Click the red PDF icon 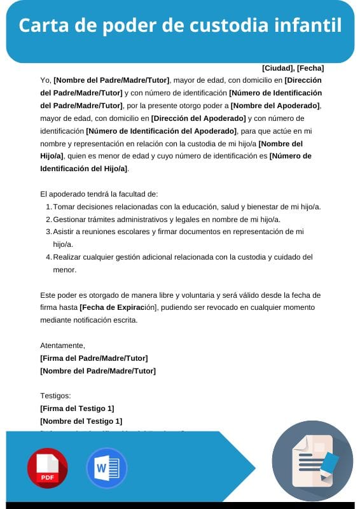47,468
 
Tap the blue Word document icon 102,468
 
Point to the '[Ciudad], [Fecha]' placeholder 293,68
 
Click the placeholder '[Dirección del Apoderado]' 198,118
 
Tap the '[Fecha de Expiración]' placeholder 118,307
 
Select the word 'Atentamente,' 62,345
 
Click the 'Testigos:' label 55,395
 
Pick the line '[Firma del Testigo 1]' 77,408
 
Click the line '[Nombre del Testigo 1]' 81,421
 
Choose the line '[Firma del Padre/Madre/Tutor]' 93,358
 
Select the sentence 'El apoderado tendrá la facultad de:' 99,194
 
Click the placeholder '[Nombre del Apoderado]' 275,105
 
